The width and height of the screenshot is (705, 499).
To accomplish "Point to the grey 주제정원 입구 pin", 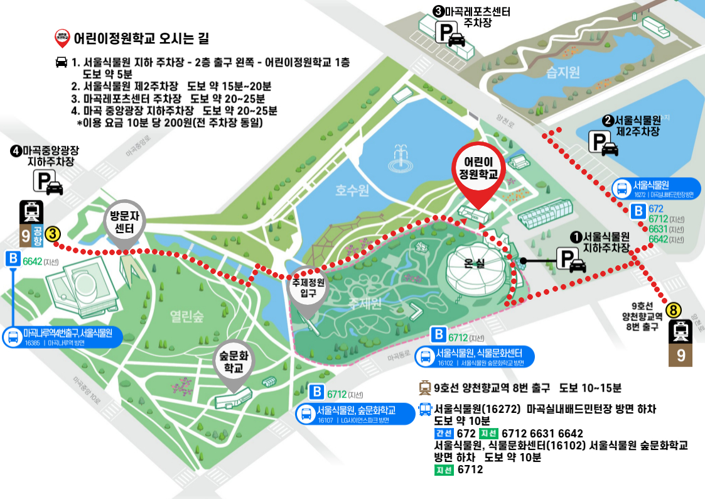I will pos(308,288).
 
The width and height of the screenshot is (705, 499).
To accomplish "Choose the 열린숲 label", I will pos(186,316).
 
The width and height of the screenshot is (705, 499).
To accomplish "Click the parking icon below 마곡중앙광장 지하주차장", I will pos(48,182).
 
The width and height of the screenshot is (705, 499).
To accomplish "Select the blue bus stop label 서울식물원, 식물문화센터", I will pos(475,356).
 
